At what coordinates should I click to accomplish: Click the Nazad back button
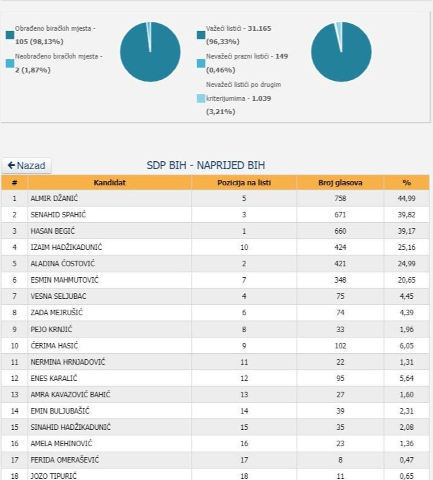[x=27, y=166]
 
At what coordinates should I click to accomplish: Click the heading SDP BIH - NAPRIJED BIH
[x=206, y=166]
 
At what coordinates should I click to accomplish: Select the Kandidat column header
[x=109, y=183]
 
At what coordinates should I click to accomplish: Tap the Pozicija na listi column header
[x=244, y=183]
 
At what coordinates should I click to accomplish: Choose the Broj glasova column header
[x=340, y=183]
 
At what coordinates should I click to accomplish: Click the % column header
[x=406, y=183]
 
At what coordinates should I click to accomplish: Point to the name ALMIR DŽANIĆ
[x=57, y=199]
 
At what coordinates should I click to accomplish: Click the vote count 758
[x=340, y=199]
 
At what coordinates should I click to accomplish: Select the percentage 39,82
[x=406, y=215]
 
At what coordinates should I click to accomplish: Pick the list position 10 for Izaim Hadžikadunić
[x=244, y=248]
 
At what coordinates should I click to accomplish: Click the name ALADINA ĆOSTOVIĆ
[x=62, y=264]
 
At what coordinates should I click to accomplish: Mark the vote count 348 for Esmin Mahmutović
[x=340, y=280]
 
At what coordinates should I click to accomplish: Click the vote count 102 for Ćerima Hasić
[x=340, y=345]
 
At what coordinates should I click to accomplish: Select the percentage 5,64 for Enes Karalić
[x=406, y=378]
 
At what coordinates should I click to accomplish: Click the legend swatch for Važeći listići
[x=201, y=35]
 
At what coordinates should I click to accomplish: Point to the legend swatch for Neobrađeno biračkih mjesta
[x=10, y=64]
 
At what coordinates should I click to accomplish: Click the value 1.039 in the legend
[x=261, y=98]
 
